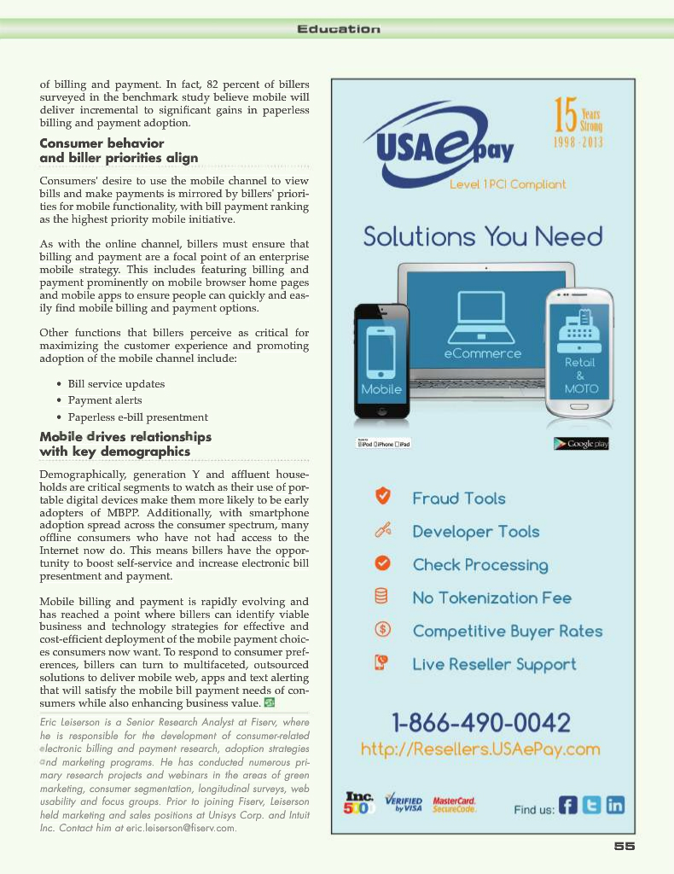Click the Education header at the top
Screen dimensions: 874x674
coord(338,29)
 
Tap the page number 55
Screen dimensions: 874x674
coord(625,846)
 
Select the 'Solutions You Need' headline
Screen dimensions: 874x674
coord(483,236)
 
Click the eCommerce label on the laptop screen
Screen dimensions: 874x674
coord(483,353)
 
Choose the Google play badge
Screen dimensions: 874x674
coord(581,444)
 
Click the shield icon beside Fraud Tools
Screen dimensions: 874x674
coord(384,496)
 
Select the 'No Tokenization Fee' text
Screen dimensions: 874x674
coord(492,598)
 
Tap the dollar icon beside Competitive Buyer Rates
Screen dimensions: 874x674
coord(383,630)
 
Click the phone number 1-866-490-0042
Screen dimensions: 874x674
coord(481,724)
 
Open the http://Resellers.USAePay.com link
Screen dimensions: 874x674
coord(480,750)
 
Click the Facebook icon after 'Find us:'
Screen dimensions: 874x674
coord(568,805)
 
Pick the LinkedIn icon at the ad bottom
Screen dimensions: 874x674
coord(615,805)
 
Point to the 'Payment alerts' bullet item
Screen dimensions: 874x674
coord(105,400)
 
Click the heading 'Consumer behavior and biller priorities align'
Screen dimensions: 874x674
coord(119,150)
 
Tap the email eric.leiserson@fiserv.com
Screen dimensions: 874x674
coord(178,829)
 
